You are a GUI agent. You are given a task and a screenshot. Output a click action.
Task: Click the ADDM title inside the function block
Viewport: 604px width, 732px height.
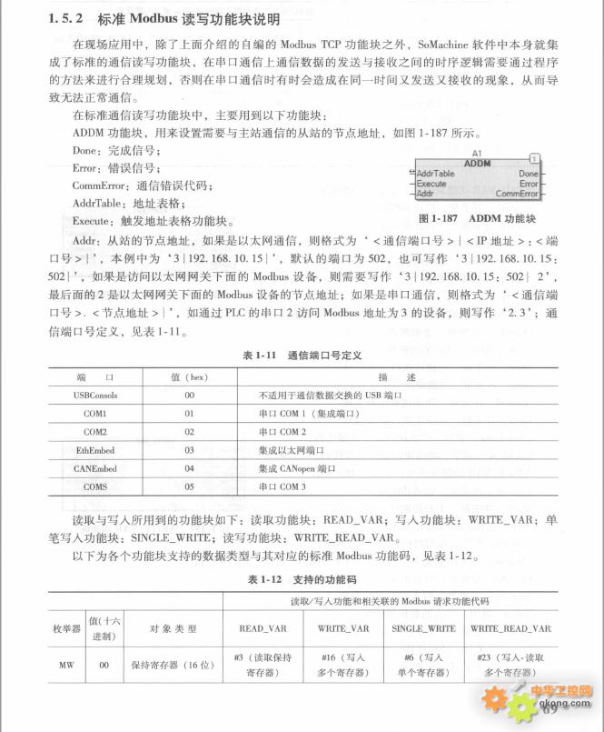pyautogui.click(x=477, y=163)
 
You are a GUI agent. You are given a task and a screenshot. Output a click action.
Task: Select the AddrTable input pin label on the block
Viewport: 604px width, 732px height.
pyautogui.click(x=411, y=173)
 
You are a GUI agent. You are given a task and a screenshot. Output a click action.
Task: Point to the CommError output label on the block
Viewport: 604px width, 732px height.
pyautogui.click(x=518, y=194)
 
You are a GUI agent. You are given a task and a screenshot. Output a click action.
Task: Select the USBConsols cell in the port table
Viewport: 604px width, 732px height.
pyautogui.click(x=95, y=396)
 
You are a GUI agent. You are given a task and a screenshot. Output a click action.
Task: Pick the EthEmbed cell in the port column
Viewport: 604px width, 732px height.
pyautogui.click(x=95, y=450)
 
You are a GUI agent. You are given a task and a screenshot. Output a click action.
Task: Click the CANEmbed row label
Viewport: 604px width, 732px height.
pyautogui.click(x=95, y=468)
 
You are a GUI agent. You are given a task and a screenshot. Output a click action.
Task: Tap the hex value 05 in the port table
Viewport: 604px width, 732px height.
pyautogui.click(x=190, y=486)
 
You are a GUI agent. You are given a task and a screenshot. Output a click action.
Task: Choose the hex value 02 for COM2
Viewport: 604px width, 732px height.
pyautogui.click(x=190, y=432)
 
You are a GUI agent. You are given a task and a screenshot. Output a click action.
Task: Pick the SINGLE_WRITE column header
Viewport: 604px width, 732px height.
pyautogui.click(x=424, y=628)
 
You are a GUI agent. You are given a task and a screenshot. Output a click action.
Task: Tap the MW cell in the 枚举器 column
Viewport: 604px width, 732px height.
pyautogui.click(x=66, y=665)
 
